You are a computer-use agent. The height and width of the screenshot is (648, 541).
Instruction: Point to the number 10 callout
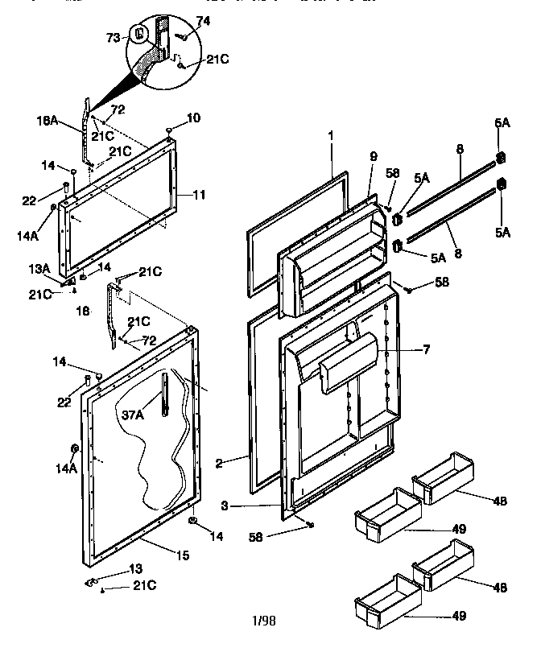pos(194,118)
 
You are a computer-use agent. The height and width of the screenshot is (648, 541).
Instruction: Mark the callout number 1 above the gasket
pos(329,137)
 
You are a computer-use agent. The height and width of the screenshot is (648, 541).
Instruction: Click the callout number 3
pos(228,506)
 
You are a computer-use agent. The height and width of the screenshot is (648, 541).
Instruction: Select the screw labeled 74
pos(184,36)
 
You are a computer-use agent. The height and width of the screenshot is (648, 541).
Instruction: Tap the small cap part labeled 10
pos(169,130)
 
